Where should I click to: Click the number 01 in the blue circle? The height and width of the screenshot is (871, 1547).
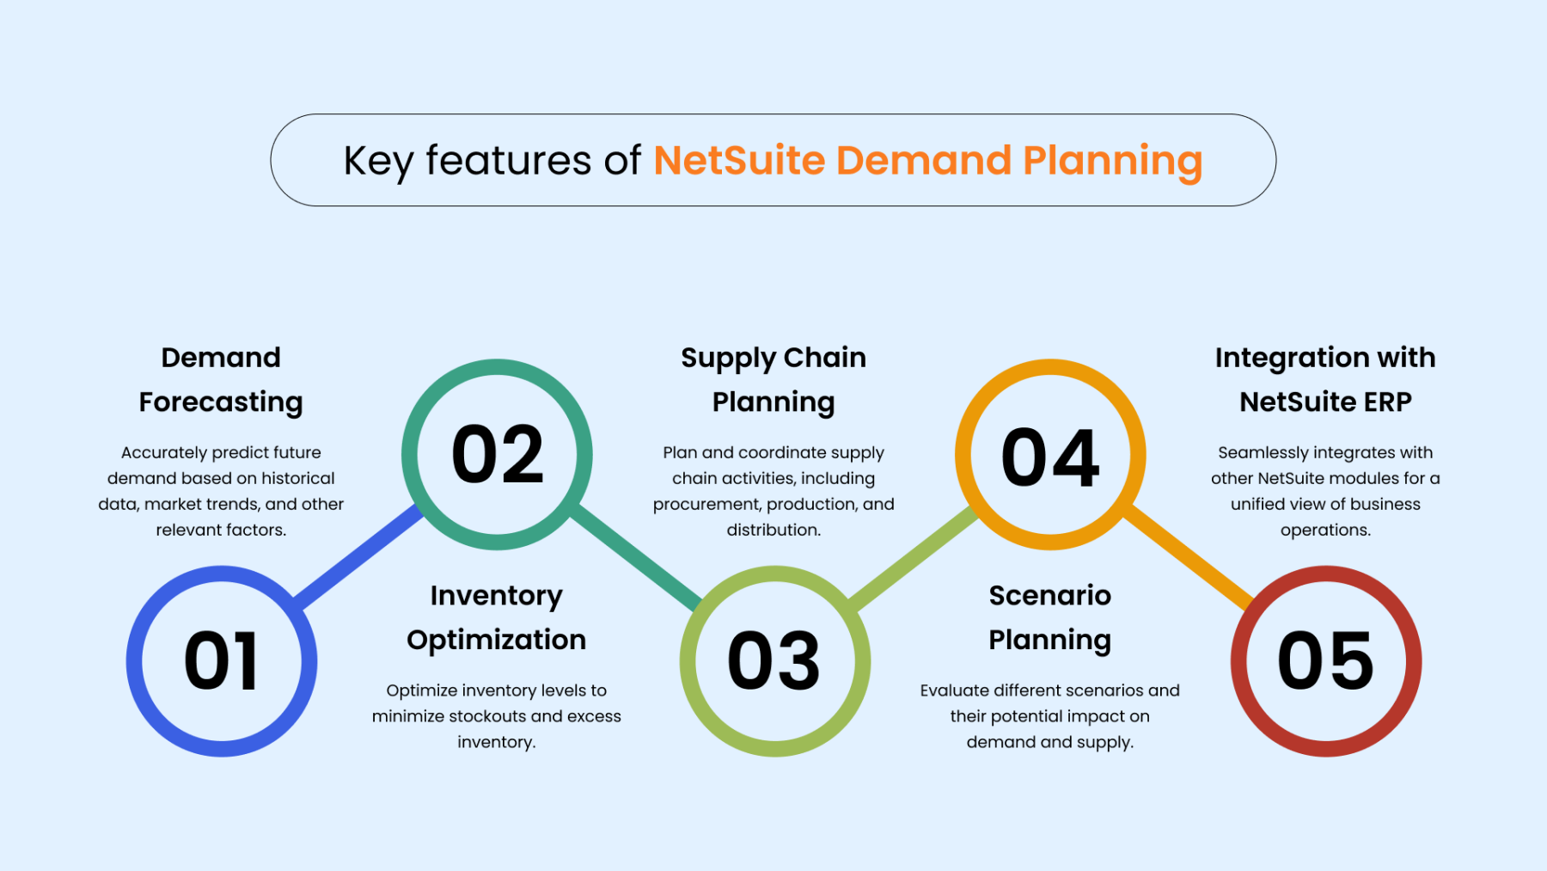click(x=221, y=660)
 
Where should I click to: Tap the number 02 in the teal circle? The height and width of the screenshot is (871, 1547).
click(x=498, y=454)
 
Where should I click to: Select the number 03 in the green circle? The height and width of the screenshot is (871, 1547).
click(x=773, y=660)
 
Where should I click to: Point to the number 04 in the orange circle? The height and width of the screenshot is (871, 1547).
click(x=1050, y=457)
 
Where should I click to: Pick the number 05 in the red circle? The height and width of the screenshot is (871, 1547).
click(x=1325, y=660)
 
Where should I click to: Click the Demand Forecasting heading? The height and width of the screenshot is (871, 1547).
click(x=221, y=380)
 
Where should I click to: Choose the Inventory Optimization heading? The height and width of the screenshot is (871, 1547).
click(x=497, y=618)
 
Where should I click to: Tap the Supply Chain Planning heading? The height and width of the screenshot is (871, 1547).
click(x=773, y=380)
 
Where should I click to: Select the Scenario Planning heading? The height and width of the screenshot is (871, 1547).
click(x=1050, y=618)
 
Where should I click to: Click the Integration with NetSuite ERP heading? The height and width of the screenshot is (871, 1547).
click(x=1325, y=380)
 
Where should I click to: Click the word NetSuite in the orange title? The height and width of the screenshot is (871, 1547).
click(x=739, y=161)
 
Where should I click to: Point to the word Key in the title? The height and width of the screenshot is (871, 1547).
click(x=378, y=162)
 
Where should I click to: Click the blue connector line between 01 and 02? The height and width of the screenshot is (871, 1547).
click(x=359, y=557)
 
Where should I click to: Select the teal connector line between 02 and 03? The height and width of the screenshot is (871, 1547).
click(x=636, y=557)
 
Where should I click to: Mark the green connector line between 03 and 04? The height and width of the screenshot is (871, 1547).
click(x=913, y=557)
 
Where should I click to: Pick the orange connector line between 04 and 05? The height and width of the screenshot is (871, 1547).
click(x=1189, y=557)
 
